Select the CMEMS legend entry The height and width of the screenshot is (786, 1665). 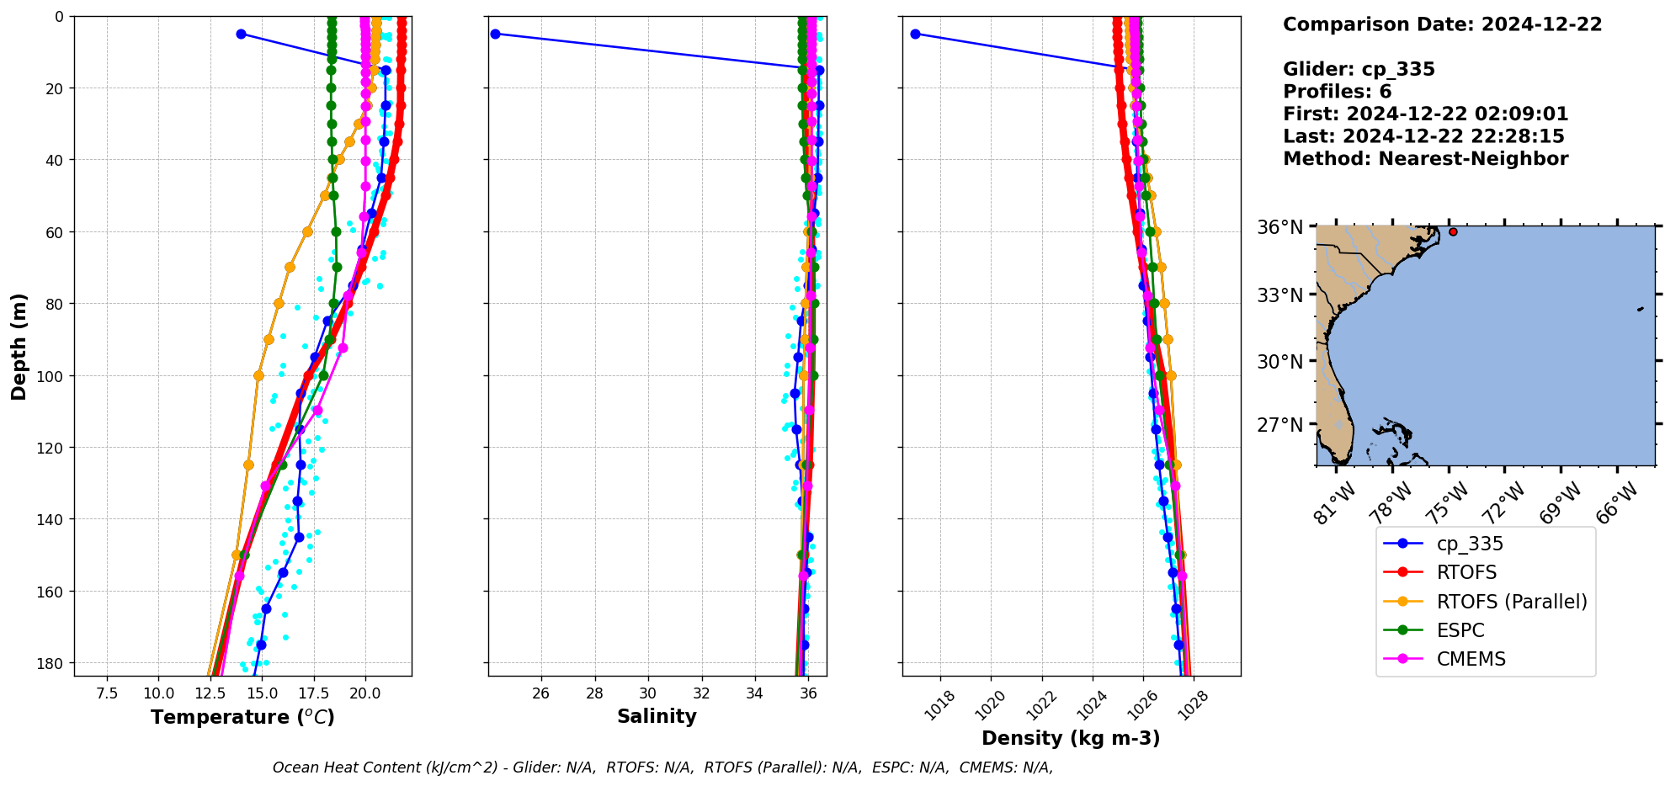pos(1471,659)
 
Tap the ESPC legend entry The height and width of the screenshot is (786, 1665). pos(1460,630)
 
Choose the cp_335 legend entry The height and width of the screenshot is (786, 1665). pos(1470,544)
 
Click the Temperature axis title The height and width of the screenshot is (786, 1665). pos(242,717)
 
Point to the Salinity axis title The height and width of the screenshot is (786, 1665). pos(657,716)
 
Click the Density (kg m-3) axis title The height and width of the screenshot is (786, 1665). pos(1071,738)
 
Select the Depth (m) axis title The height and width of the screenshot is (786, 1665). pos(19,346)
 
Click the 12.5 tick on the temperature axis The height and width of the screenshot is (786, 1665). pos(210,693)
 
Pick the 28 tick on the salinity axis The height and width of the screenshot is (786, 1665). pos(594,693)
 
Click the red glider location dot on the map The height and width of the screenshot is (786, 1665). pos(1453,231)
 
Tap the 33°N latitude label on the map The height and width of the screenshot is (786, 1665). pos(1279,295)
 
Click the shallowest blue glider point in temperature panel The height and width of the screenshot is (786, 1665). pos(241,34)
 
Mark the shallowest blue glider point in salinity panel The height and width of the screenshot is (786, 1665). pos(495,34)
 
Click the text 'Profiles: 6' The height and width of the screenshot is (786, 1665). pos(1337,92)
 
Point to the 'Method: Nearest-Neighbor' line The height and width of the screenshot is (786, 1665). pos(1425,159)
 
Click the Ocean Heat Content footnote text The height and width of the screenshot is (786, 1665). pos(662,767)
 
